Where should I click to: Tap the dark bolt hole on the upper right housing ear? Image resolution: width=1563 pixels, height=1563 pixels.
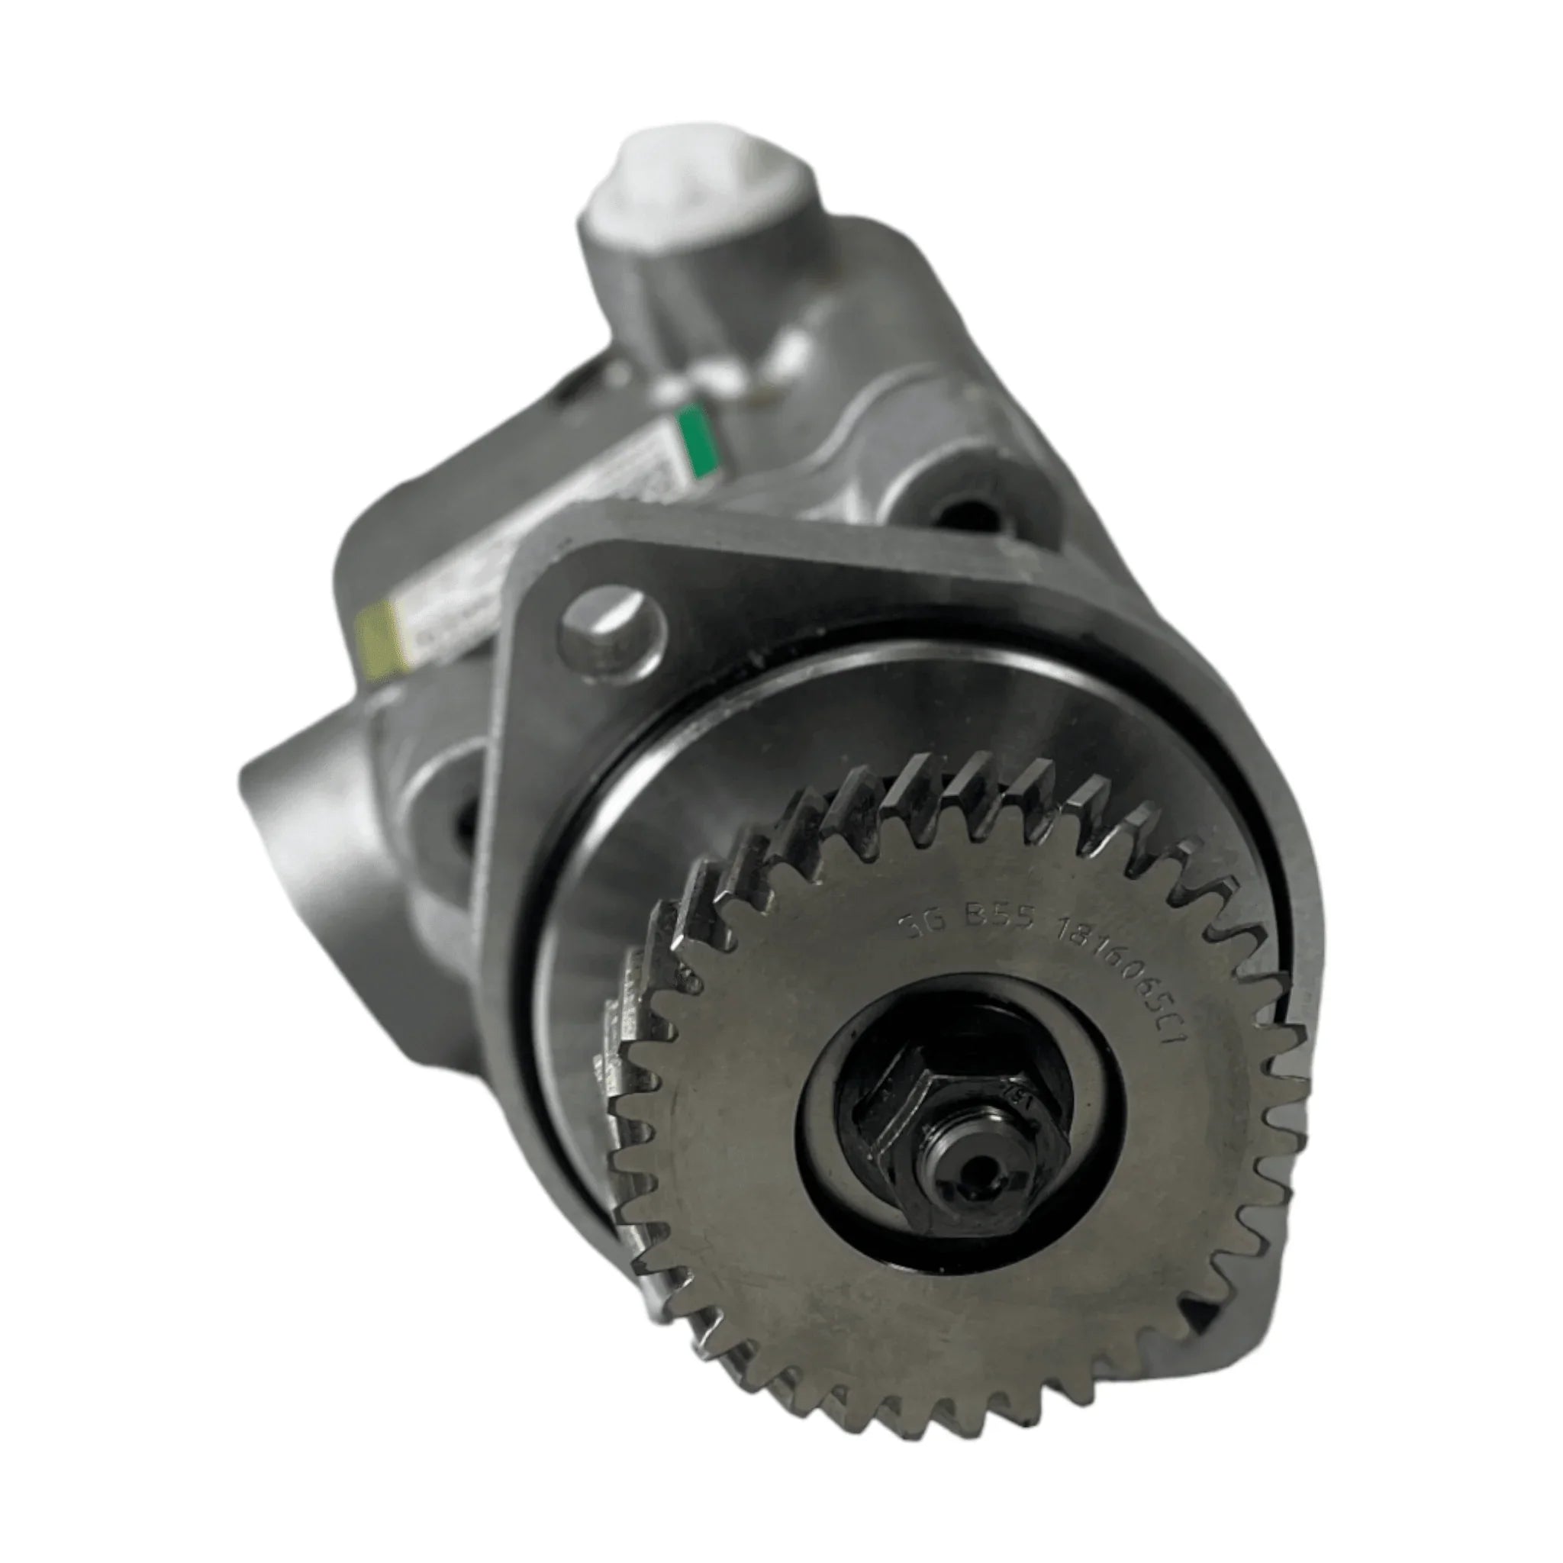pyautogui.click(x=965, y=514)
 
